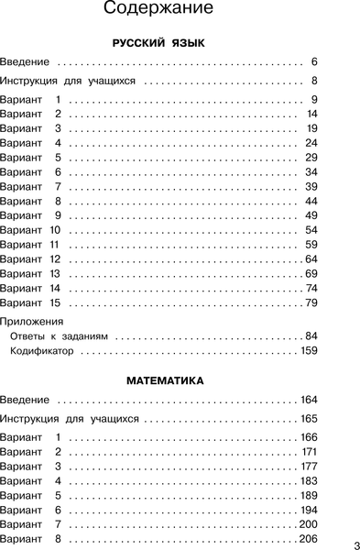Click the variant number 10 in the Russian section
(55, 228)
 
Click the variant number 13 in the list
(55, 274)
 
